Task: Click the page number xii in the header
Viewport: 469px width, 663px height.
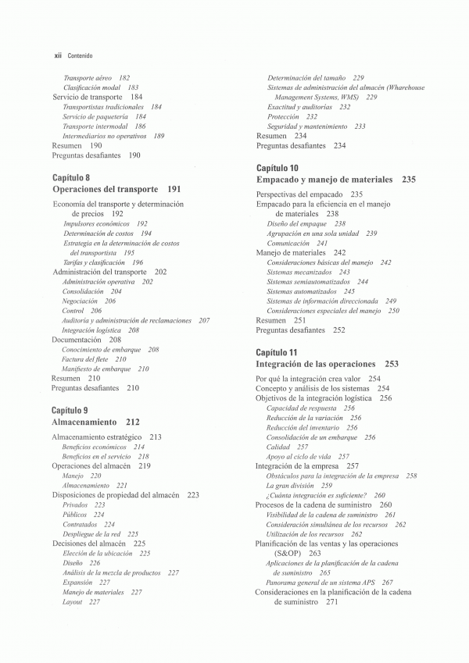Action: pyautogui.click(x=57, y=55)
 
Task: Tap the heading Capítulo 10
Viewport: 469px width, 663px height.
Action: pyautogui.click(x=277, y=168)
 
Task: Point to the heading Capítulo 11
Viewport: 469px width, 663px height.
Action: pyautogui.click(x=277, y=352)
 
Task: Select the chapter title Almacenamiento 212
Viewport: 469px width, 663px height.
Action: pyautogui.click(x=95, y=421)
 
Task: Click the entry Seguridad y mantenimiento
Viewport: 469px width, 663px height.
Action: pyautogui.click(x=310, y=126)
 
